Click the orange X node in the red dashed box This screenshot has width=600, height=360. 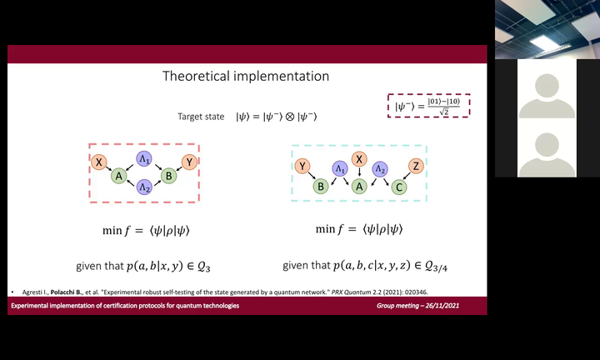pyautogui.click(x=98, y=162)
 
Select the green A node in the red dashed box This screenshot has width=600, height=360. pyautogui.click(x=119, y=176)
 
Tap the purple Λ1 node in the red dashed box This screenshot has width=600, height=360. pyautogui.click(x=144, y=159)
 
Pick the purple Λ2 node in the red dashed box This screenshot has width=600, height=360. pyautogui.click(x=144, y=187)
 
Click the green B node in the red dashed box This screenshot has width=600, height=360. pyautogui.click(x=168, y=176)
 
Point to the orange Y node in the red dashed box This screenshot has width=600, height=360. pyautogui.click(x=189, y=162)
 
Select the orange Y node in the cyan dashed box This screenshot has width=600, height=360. pyautogui.click(x=302, y=166)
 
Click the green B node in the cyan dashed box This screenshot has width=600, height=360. pyautogui.click(x=321, y=187)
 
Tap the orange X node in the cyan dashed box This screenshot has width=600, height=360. pyautogui.click(x=359, y=159)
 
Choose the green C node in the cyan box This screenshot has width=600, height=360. pyautogui.click(x=399, y=187)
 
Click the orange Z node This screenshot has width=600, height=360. pyautogui.click(x=416, y=166)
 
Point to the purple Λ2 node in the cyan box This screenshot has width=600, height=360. pyautogui.click(x=380, y=168)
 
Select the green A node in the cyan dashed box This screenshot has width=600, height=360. pyautogui.click(x=359, y=187)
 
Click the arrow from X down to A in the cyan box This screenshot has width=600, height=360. pyautogui.click(x=359, y=172)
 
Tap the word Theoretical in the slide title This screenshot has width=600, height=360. pyautogui.click(x=197, y=76)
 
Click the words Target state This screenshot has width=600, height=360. pyautogui.click(x=201, y=117)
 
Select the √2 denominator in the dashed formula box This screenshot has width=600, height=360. pyautogui.click(x=444, y=112)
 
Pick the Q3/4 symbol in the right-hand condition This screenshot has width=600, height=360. pyautogui.click(x=436, y=267)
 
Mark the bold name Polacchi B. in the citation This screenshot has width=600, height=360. pyautogui.click(x=67, y=292)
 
